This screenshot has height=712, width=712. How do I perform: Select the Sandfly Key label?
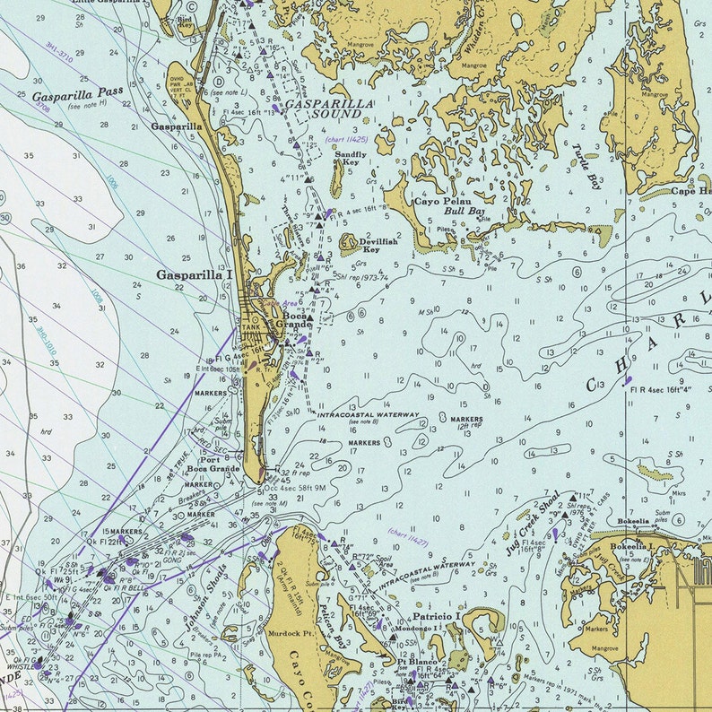pos(351,158)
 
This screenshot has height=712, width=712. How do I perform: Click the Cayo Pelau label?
pos(437,202)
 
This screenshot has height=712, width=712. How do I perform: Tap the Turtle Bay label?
pos(588,168)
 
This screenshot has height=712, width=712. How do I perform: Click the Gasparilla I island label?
pos(194,275)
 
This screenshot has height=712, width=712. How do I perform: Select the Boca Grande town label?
pos(297,320)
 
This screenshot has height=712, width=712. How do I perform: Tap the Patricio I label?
pos(436,618)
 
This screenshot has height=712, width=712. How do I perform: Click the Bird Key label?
pos(186,21)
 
